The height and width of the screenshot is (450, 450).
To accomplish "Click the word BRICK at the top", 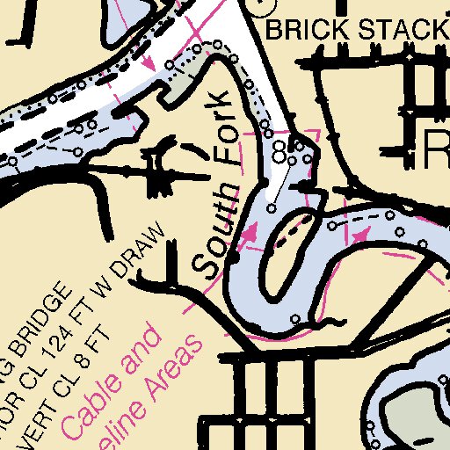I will [x=302, y=31].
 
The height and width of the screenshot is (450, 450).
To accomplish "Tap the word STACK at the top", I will [x=395, y=31].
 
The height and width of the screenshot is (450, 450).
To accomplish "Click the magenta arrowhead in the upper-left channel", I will [x=149, y=63].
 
